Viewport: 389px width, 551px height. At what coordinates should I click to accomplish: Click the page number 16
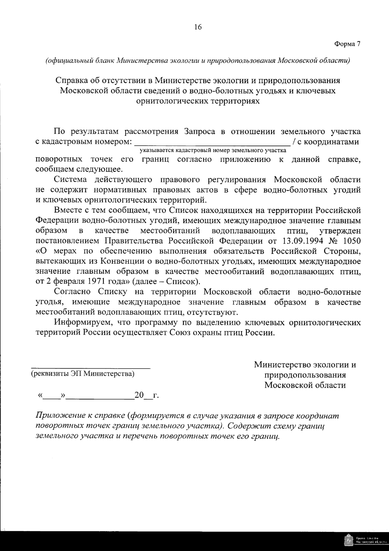[x=198, y=27]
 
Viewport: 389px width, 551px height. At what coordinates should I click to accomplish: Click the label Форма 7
[x=347, y=44]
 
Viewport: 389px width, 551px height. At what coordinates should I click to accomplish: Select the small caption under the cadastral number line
[x=213, y=151]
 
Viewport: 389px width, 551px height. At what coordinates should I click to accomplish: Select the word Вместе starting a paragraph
[x=67, y=211]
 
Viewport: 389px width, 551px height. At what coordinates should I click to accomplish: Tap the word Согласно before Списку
[x=73, y=292]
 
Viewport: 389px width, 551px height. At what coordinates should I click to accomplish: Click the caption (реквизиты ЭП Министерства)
[x=82, y=373]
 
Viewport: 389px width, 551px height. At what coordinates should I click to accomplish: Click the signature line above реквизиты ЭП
[x=91, y=368]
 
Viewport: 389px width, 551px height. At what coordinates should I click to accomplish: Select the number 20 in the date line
[x=139, y=395]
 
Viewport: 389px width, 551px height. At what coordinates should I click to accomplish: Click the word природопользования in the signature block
[x=305, y=375]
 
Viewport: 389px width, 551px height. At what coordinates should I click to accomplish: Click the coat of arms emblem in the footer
[x=348, y=541]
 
